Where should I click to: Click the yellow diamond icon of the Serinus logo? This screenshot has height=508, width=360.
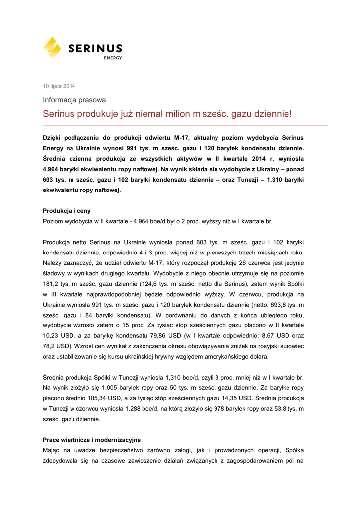[x=52, y=47]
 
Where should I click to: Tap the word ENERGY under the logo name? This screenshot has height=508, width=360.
[x=113, y=58]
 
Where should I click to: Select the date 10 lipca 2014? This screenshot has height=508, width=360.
[x=59, y=86]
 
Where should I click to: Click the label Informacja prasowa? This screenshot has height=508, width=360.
[x=74, y=100]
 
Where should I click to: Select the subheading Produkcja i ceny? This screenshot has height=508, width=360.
[x=67, y=211]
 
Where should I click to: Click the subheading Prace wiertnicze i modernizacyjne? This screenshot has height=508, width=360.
[x=91, y=440]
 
